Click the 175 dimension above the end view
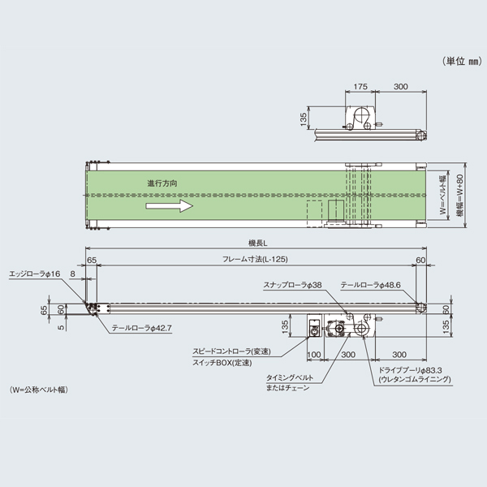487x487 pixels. coord(362,85)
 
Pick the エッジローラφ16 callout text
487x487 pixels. coord(34,275)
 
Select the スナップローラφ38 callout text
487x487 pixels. coord(293,285)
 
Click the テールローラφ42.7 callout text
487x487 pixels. coord(142,329)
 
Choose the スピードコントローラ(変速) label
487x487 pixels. coord(233,351)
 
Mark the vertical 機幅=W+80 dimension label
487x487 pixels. coord(459,195)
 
